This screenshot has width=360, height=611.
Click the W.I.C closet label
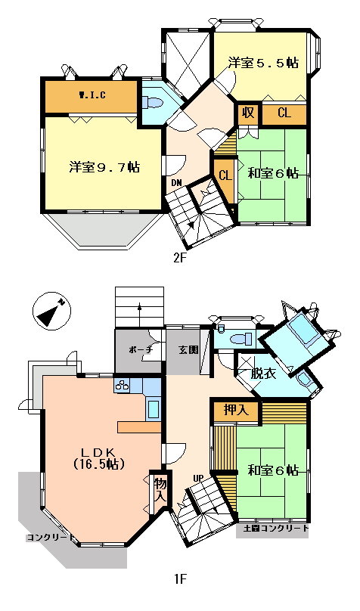(92, 95)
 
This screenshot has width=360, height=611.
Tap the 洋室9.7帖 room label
(104, 167)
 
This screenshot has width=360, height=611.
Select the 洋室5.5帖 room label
(263, 62)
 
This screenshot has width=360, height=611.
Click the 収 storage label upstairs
(248, 113)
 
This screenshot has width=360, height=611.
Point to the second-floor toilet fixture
(152, 103)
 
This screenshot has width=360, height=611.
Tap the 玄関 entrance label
(188, 349)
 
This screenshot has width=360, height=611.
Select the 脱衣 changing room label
(263, 374)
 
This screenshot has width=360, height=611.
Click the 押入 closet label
(236, 411)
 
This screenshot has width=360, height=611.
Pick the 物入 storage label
(160, 490)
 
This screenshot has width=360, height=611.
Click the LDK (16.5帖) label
(98, 457)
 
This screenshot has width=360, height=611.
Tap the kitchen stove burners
(122, 385)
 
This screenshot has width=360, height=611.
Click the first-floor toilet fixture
(241, 339)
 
